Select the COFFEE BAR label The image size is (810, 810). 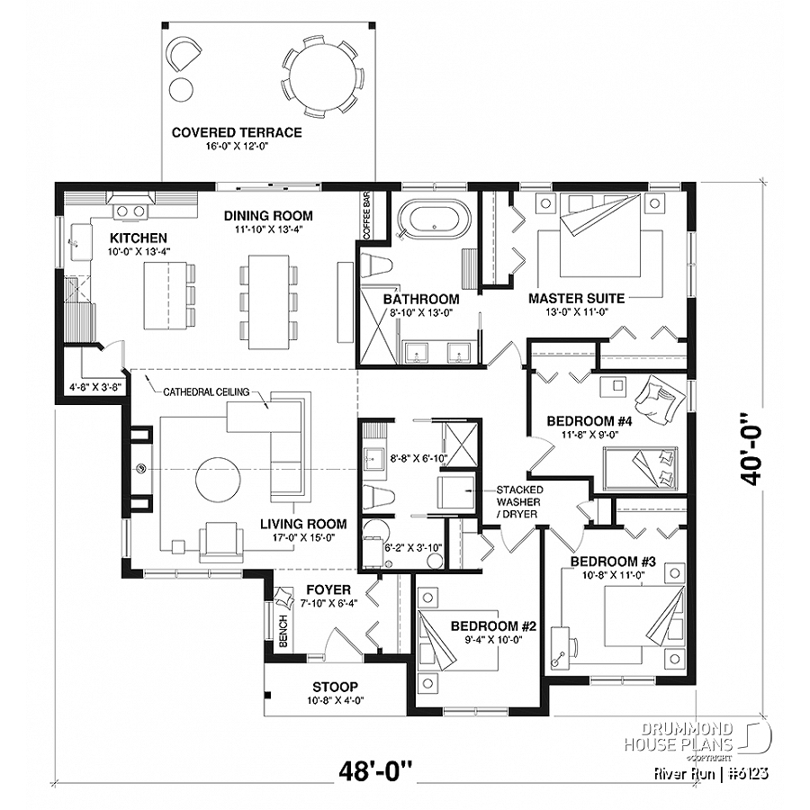pos(366,215)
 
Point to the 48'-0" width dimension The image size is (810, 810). pos(375,771)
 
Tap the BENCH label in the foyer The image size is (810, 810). pos(282,635)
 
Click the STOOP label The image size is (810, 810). pos(336,686)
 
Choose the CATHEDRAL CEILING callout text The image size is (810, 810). pos(201,391)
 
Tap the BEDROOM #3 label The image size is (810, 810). pos(614,562)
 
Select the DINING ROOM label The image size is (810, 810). pos(268,215)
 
